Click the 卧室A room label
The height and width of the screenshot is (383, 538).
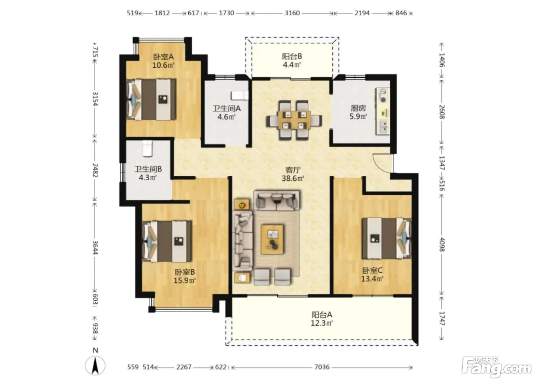click(x=163, y=57)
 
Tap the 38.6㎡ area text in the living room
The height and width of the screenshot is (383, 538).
click(x=293, y=178)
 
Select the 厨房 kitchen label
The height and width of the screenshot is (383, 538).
click(x=358, y=108)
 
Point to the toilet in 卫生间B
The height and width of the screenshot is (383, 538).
click(x=148, y=148)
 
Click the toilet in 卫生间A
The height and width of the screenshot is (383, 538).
click(x=240, y=95)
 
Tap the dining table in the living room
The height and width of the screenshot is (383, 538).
click(x=294, y=120)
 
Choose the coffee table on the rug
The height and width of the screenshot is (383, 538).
click(x=272, y=239)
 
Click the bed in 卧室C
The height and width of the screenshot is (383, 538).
click(x=386, y=238)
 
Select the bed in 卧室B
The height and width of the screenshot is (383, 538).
click(x=167, y=241)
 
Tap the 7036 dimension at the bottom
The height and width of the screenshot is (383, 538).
click(x=322, y=367)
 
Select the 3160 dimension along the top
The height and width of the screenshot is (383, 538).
click(x=292, y=13)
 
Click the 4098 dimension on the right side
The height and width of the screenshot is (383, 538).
click(x=442, y=245)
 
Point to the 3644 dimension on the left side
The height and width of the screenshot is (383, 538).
click(x=95, y=248)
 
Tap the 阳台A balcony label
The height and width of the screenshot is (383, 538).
click(x=322, y=314)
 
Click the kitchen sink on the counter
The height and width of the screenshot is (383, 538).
click(x=384, y=127)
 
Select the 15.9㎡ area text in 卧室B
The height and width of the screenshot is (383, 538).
click(x=184, y=280)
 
